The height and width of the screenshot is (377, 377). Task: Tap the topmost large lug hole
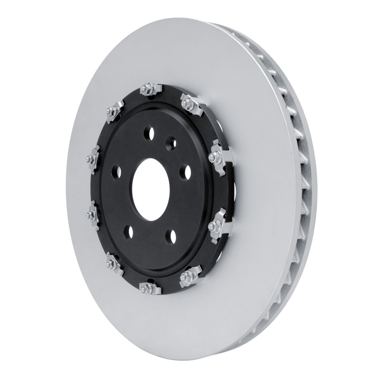point(150,131)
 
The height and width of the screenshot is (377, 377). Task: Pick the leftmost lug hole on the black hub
point(116,172)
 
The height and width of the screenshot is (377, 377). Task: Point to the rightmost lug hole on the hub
point(188,172)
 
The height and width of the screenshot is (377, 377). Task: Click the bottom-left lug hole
point(128,232)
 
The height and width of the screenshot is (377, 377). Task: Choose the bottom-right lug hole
point(172,236)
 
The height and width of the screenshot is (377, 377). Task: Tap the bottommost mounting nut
point(147,287)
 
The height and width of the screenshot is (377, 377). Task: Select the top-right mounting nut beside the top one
point(188,103)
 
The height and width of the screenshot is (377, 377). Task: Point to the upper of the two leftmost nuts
point(90,160)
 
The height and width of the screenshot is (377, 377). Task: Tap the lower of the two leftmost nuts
point(91,215)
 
